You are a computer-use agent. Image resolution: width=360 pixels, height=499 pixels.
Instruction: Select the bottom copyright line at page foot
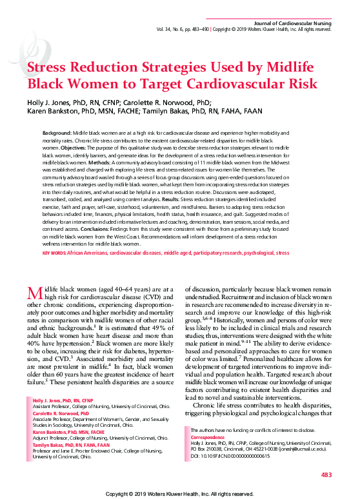(x=180, y=493)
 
